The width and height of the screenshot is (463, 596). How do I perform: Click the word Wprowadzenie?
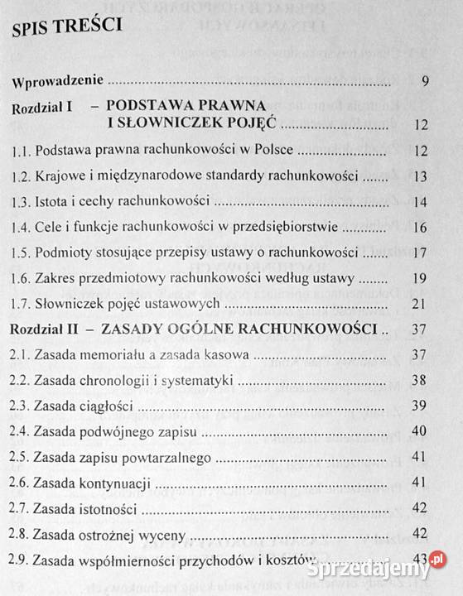point(55,81)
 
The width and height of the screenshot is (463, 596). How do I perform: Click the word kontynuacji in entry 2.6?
point(122,483)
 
